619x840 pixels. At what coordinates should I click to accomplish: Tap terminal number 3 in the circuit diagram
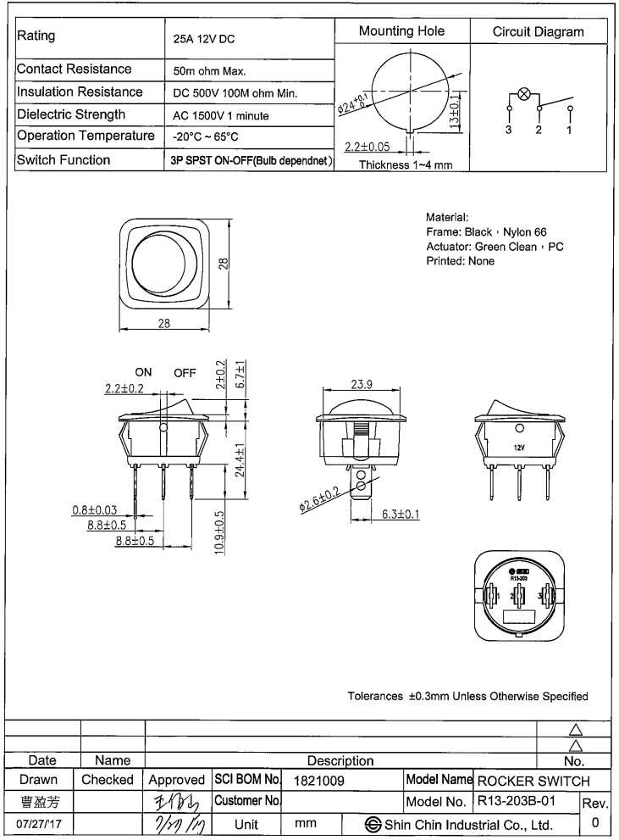coord(509,131)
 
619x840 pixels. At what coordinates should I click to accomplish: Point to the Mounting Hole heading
coord(401,31)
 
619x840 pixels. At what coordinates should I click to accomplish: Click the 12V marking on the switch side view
coord(519,446)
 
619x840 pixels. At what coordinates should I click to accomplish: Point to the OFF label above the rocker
coord(185,372)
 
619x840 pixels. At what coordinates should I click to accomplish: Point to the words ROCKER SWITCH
coord(533,779)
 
